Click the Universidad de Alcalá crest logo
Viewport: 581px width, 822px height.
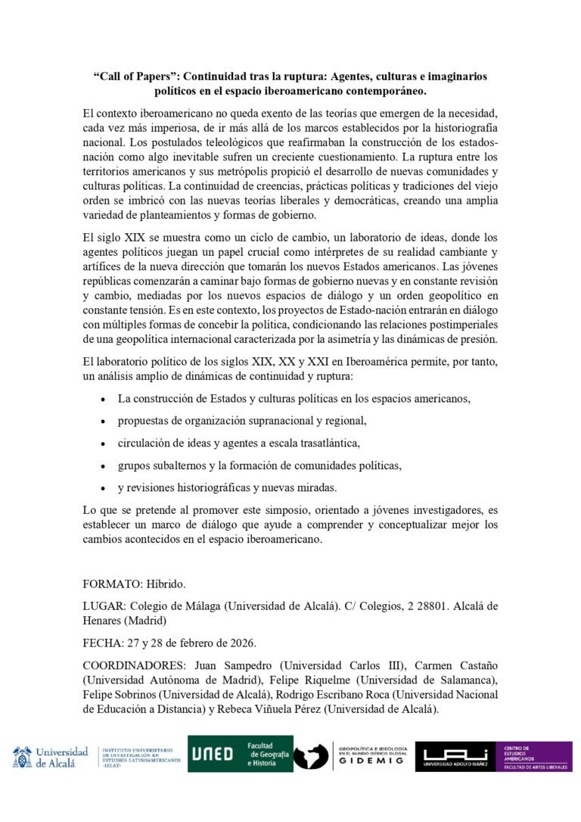coord(22,757)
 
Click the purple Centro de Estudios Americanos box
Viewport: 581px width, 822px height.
coord(535,756)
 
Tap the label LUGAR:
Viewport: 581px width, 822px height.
coord(105,606)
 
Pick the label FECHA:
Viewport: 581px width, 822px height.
coord(105,643)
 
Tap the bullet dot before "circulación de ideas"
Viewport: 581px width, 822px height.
coord(103,443)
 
